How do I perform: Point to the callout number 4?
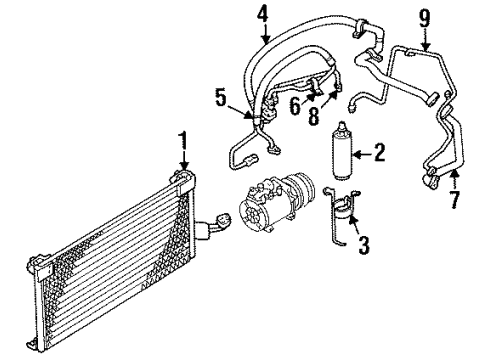coord(264,15)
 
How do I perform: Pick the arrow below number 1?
coord(183,160)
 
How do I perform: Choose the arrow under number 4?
coord(265,32)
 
